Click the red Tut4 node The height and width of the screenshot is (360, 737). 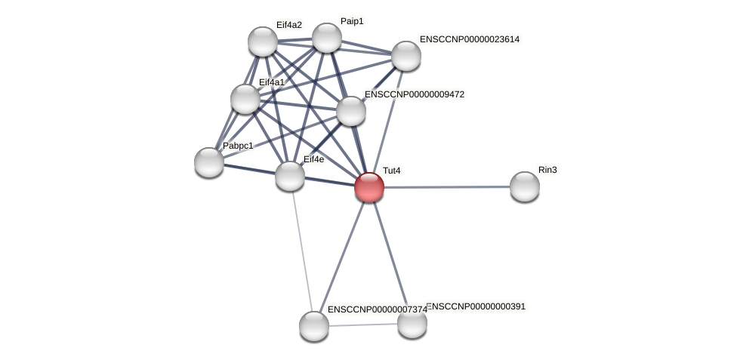tap(369, 186)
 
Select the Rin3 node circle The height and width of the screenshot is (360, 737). tap(524, 186)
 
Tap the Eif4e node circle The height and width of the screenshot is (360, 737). tap(290, 176)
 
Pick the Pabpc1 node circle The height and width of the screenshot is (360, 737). tap(209, 162)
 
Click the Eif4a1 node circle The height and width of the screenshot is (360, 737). tap(245, 99)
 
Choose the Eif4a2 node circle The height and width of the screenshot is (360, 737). tap(263, 42)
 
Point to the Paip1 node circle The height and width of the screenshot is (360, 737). tap(327, 38)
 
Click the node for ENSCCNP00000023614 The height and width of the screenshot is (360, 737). tap(406, 55)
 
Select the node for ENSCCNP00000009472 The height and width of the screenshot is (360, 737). tap(350, 111)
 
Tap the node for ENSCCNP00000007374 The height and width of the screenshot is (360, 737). tap(314, 325)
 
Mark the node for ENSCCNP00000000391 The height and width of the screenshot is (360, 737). tap(412, 323)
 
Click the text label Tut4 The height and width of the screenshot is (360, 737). tap(391, 171)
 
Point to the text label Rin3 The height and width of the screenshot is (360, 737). tap(547, 170)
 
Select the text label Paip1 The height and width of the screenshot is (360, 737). tap(352, 21)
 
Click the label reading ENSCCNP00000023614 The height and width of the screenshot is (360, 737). tap(469, 39)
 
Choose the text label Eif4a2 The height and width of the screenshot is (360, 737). tap(288, 25)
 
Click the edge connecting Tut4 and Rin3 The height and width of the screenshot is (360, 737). tap(446, 186)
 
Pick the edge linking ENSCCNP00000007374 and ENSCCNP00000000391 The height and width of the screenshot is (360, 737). tap(362, 325)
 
